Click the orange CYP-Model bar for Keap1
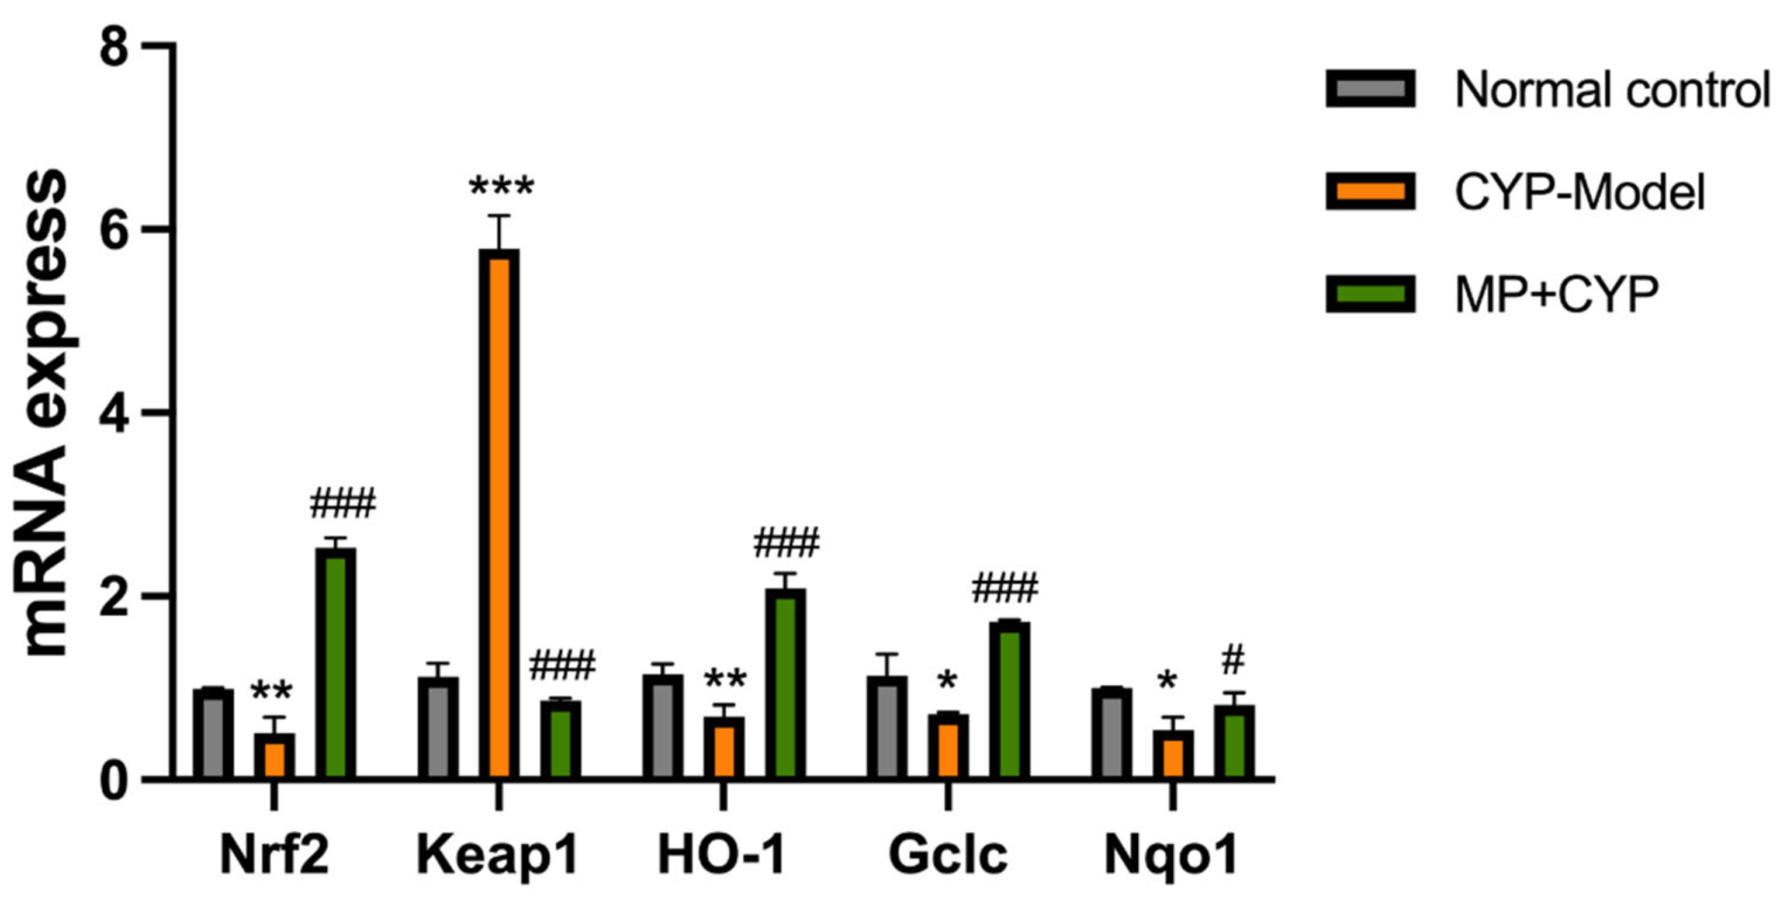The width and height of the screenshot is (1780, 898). coord(499,515)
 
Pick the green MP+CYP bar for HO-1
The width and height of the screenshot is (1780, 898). coord(785,684)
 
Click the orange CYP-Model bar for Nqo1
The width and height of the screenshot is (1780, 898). coord(1173,754)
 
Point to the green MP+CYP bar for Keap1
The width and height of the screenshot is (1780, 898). coord(560,740)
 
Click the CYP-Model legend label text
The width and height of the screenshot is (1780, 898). coord(1580,193)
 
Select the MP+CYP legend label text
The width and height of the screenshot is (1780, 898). coord(1556,295)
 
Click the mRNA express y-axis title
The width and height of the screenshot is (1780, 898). coord(46,414)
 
